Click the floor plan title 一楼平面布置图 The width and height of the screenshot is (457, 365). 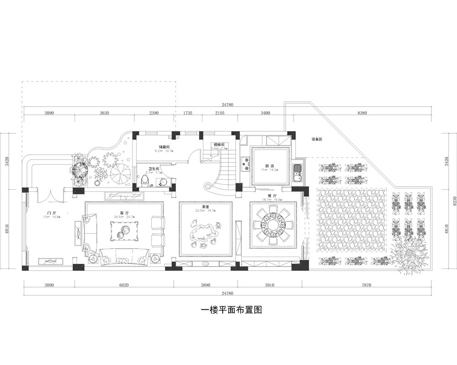[x=231, y=310]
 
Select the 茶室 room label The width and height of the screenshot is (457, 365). [x=206, y=206]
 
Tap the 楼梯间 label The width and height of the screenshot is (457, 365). [x=219, y=145]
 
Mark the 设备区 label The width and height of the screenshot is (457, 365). [x=317, y=139]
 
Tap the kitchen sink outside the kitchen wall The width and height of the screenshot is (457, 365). [x=298, y=172]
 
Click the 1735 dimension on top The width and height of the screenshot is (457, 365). [x=187, y=113]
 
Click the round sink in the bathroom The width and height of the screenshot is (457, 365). [x=162, y=182]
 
